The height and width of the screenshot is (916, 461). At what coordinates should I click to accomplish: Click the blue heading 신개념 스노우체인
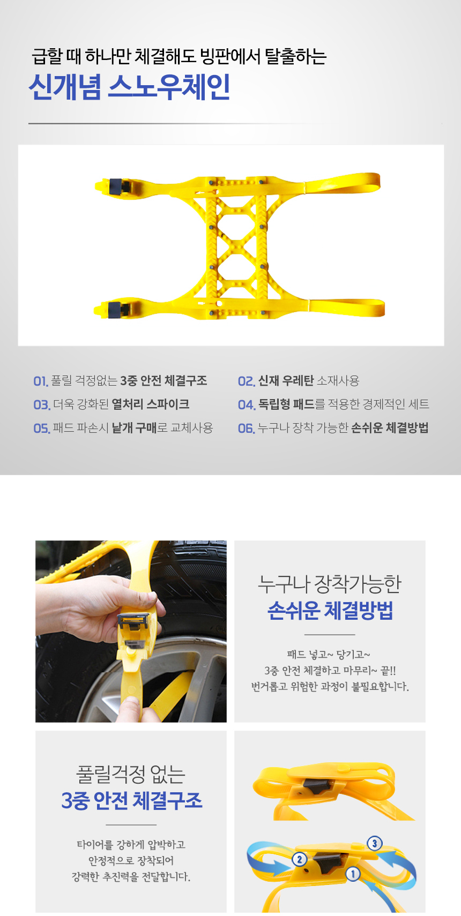pos(129,87)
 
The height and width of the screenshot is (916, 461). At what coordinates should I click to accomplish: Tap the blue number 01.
pos(41,381)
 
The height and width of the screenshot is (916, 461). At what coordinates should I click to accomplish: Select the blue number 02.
pos(247,381)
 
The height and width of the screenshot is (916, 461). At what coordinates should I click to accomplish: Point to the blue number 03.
pos(42,405)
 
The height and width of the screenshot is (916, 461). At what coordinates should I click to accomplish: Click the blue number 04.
pos(247,405)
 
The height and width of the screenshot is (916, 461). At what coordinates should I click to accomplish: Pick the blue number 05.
pos(42,429)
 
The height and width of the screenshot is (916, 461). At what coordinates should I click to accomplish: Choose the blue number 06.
pos(247,429)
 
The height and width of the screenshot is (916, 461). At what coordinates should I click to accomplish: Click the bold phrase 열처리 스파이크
pos(151,404)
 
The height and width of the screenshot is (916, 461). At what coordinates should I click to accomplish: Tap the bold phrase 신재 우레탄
pos(286,381)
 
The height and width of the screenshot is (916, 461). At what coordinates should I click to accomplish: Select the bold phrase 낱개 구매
pos(135,428)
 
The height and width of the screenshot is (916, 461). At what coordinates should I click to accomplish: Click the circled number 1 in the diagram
pos(353,874)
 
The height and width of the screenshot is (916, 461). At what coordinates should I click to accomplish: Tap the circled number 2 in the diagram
pos(300,859)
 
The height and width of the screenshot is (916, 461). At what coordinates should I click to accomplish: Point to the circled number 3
pos(374,843)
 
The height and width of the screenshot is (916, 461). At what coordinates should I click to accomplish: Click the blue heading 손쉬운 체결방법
pos(330,611)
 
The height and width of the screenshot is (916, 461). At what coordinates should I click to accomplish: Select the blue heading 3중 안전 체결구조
pos(132,801)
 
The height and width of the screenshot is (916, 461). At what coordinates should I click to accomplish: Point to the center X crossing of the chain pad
pos(237,246)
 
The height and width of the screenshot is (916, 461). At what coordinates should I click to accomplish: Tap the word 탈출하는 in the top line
pos(296,56)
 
